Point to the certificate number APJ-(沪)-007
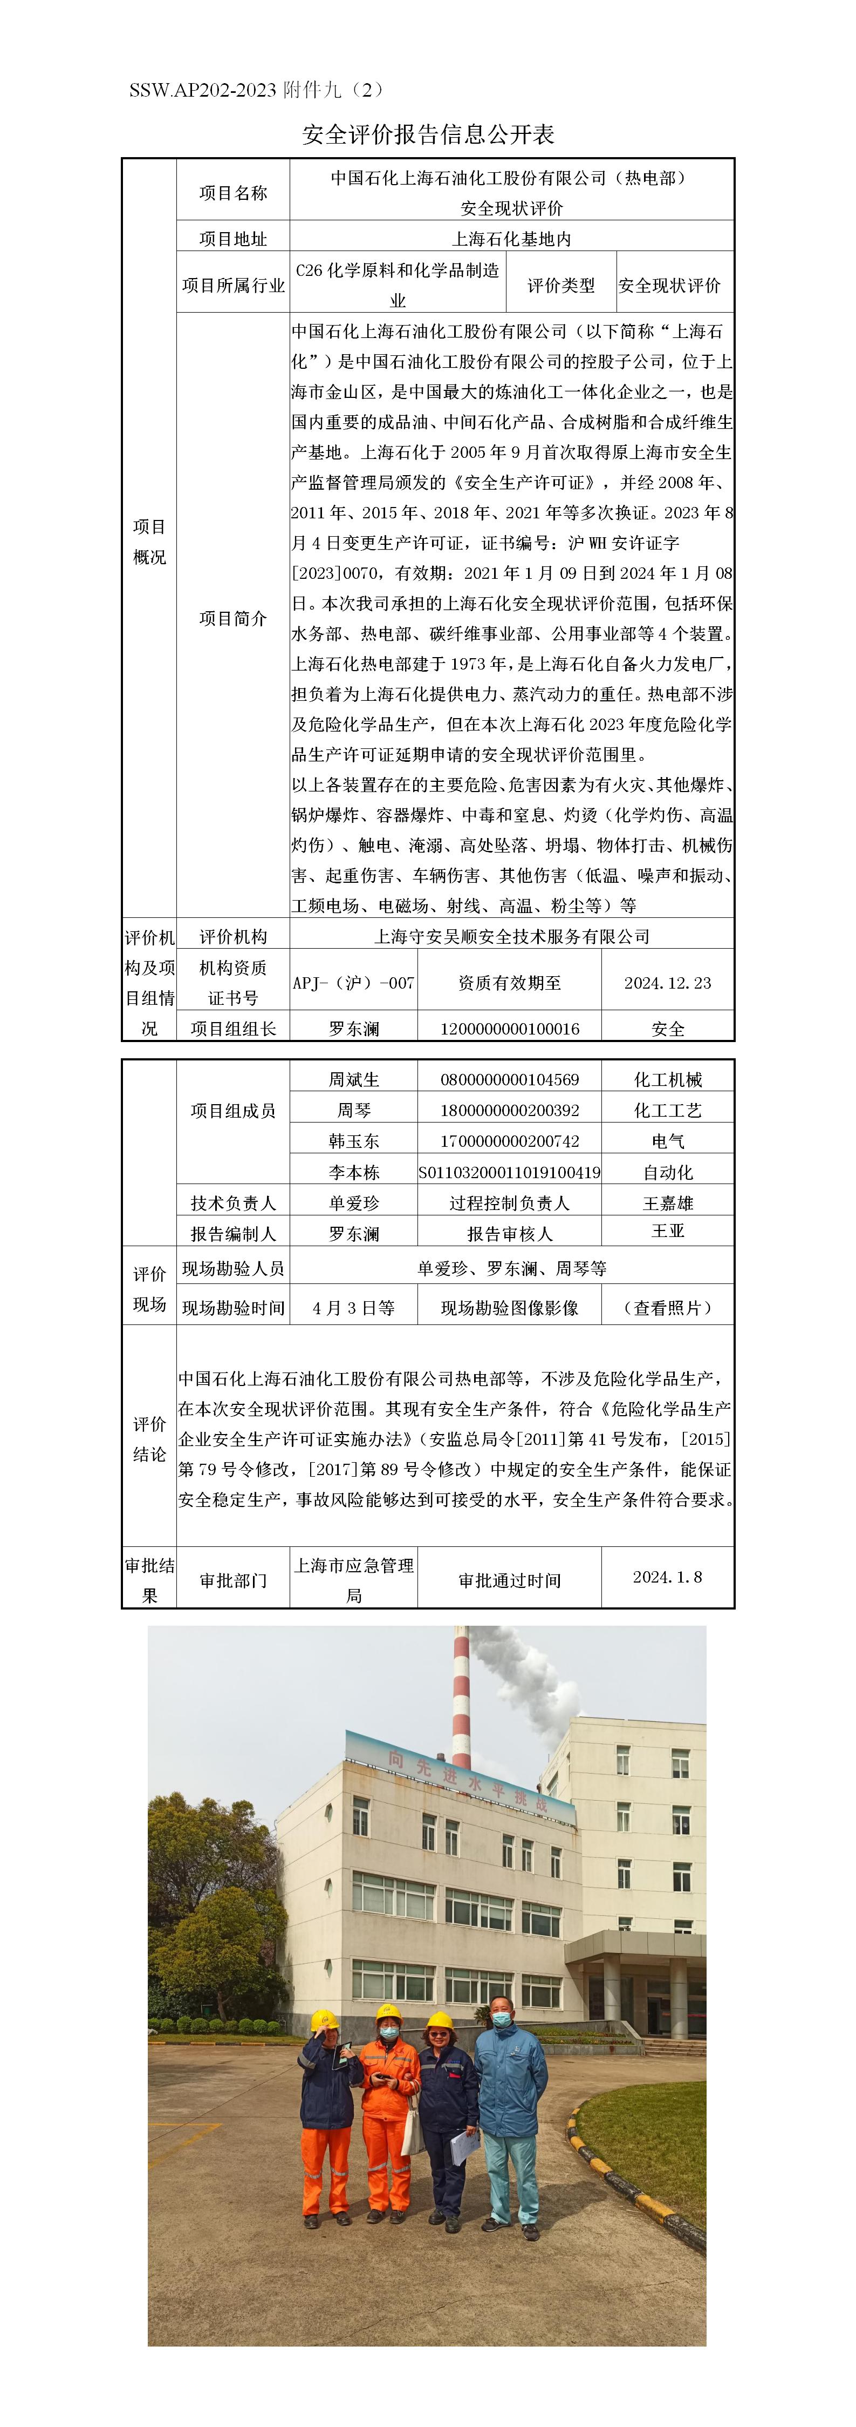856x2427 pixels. pyautogui.click(x=353, y=983)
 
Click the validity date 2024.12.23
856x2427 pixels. pyautogui.click(x=668, y=983)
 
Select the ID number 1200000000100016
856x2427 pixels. pyautogui.click(x=510, y=1029)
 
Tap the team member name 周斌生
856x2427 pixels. pyautogui.click(x=354, y=1080)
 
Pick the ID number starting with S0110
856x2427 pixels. pyautogui.click(x=510, y=1172)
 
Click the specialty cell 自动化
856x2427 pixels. pyautogui.click(x=668, y=1172)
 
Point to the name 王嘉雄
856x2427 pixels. pyautogui.click(x=668, y=1203)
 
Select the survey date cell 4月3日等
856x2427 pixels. pyautogui.click(x=354, y=1308)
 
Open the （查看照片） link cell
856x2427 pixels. pyautogui.click(x=668, y=1308)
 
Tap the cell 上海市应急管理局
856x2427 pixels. pyautogui.click(x=354, y=1579)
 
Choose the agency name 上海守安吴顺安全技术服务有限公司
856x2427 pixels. pyautogui.click(x=511, y=936)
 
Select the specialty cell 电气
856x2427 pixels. pyautogui.click(x=668, y=1141)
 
